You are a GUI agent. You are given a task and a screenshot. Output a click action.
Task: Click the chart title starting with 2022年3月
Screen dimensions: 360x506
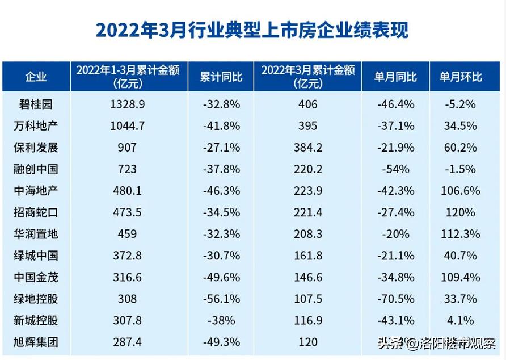(252, 30)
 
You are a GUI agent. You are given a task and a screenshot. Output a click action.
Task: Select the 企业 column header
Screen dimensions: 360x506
(36, 77)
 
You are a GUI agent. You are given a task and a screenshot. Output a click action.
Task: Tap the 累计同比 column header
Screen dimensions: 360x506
(221, 77)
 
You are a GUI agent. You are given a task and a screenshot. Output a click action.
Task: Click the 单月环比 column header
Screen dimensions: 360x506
(460, 77)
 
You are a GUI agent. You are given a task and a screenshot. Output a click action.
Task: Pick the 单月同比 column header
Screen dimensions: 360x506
(395, 77)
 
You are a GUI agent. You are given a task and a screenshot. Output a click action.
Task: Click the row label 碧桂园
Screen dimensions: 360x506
(36, 104)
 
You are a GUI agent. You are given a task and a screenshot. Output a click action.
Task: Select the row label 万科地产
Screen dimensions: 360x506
(36, 125)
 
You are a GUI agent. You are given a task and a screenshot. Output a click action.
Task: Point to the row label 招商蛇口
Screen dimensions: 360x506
(36, 212)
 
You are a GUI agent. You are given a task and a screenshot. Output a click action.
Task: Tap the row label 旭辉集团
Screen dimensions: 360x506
(36, 342)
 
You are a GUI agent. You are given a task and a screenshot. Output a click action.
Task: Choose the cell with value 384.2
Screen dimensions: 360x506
(307, 148)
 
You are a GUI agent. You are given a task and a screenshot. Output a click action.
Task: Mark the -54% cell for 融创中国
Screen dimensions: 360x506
(395, 169)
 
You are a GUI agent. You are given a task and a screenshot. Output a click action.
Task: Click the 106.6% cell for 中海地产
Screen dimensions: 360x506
(460, 191)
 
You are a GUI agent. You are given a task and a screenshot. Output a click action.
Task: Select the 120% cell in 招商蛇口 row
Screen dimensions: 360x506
(460, 212)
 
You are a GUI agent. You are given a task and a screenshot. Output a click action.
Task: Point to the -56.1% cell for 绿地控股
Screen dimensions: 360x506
(221, 299)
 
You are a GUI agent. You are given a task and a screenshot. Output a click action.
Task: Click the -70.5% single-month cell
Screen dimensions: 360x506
(395, 299)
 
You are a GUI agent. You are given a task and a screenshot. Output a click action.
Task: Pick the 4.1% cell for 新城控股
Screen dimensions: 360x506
(460, 321)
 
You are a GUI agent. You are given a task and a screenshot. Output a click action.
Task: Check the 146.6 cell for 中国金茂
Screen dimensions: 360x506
(307, 278)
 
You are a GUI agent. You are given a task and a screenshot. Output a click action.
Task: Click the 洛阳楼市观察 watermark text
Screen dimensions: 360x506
(457, 344)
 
